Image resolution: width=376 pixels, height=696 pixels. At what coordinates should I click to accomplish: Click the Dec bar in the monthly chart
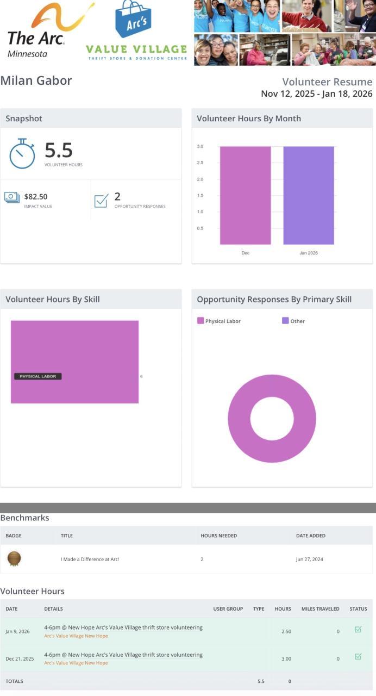point(245,195)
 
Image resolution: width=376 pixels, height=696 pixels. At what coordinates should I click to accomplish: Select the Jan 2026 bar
point(309,195)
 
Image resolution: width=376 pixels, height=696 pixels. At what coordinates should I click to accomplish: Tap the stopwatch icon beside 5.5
point(22,153)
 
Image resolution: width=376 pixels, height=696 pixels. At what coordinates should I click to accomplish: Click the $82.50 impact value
point(36,197)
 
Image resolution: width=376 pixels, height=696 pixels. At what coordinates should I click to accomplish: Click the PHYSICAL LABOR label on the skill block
point(38,376)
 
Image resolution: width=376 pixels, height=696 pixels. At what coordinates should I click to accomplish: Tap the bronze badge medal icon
point(14,558)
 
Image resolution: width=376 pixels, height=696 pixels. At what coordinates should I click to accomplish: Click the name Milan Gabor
point(36,80)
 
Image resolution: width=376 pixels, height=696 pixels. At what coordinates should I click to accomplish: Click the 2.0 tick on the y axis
point(200,179)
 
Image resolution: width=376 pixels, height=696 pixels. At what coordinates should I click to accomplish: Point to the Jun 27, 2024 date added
point(309,559)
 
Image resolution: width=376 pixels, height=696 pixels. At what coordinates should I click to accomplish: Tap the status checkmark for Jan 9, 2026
point(358,630)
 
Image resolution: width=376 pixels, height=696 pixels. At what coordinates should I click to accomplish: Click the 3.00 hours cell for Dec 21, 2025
point(286,658)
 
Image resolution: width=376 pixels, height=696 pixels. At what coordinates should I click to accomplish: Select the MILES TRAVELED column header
point(320,609)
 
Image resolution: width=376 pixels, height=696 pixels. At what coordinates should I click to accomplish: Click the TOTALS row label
point(15,681)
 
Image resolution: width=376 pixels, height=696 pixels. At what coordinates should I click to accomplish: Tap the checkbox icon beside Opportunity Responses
point(101,200)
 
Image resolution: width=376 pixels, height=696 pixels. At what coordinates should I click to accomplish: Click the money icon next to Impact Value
point(12,197)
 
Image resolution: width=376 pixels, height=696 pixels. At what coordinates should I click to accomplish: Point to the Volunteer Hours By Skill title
point(53,300)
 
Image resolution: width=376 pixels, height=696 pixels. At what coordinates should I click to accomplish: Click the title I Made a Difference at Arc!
point(90,559)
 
